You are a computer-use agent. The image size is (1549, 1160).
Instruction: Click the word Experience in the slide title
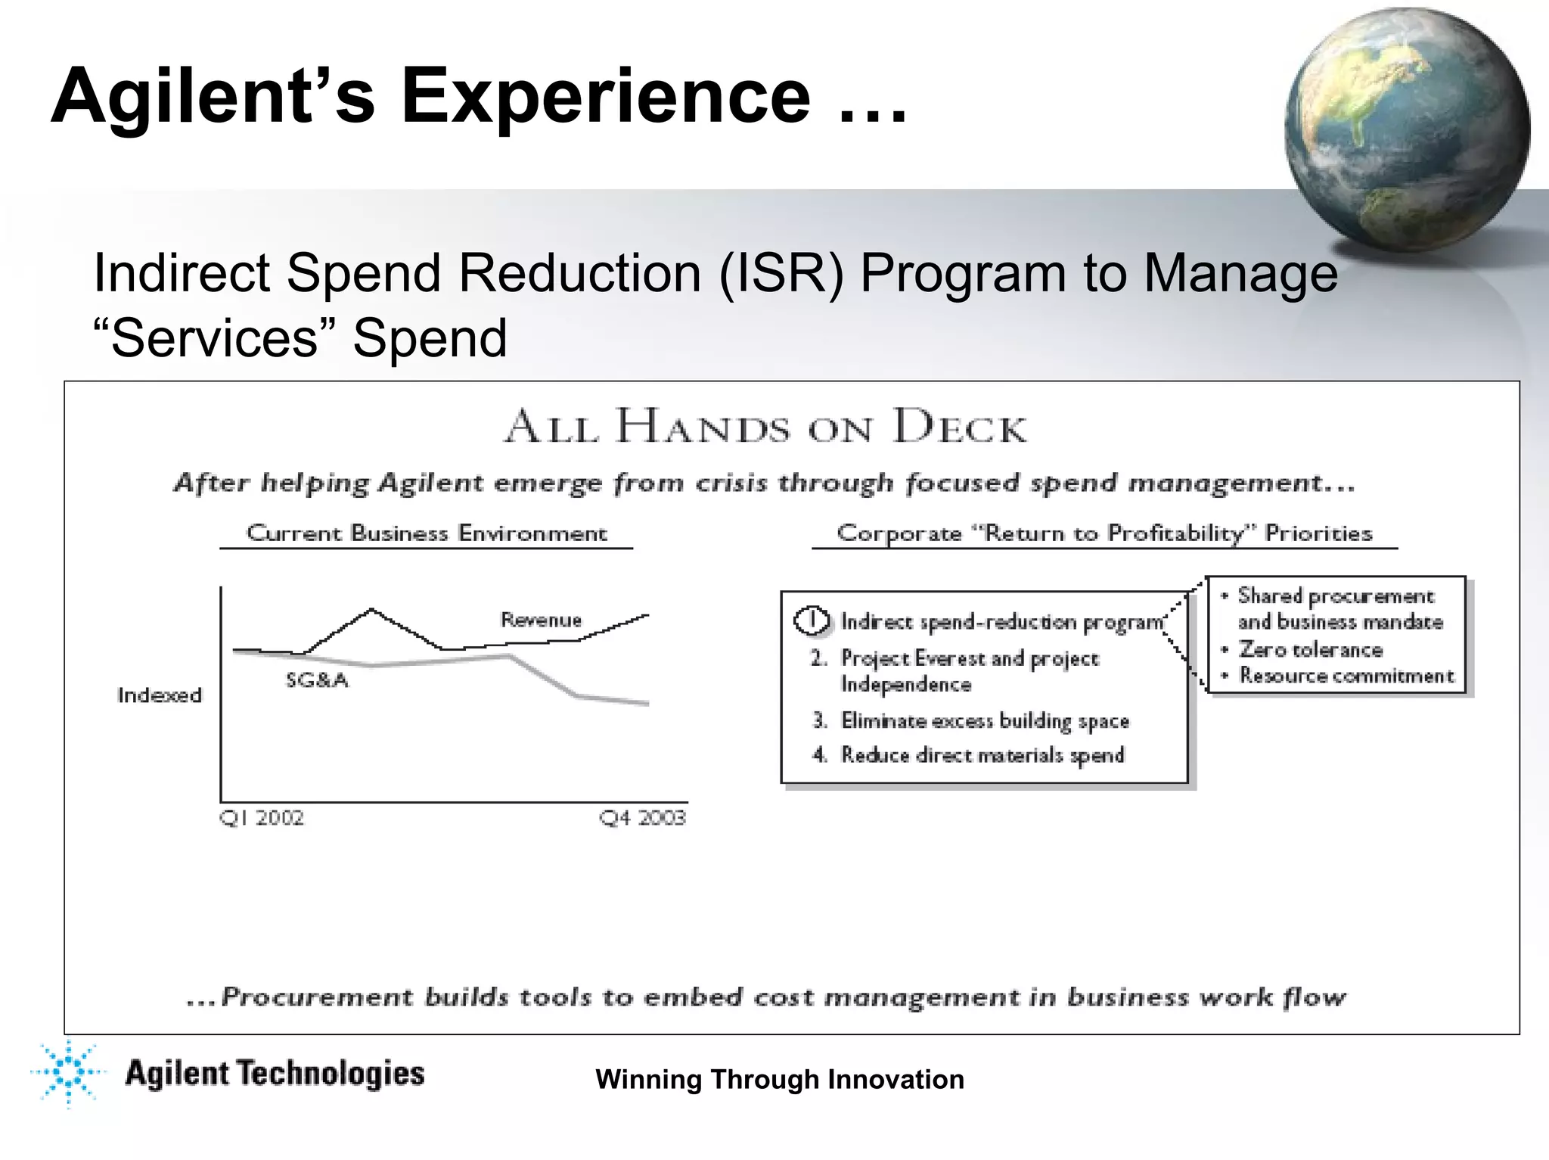click(605, 96)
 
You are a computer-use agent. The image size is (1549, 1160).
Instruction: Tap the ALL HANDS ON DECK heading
click(765, 427)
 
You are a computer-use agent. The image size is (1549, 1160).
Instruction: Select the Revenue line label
click(541, 620)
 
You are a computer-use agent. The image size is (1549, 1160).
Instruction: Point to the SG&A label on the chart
click(317, 680)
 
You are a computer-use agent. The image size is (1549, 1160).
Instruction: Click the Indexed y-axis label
click(160, 695)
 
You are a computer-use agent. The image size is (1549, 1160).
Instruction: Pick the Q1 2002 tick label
click(262, 818)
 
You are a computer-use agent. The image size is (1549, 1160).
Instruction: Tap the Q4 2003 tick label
click(642, 818)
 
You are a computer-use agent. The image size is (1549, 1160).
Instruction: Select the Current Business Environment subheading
click(427, 533)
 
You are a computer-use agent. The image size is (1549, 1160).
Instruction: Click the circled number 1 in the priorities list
click(812, 621)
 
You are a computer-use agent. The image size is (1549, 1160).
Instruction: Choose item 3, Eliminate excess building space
click(984, 720)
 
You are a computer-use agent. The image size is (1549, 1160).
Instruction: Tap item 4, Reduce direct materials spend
click(982, 755)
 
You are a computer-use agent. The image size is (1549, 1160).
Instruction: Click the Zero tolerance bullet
click(1310, 650)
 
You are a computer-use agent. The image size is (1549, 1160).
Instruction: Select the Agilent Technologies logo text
click(275, 1074)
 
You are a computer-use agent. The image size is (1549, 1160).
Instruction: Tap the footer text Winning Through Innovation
click(780, 1079)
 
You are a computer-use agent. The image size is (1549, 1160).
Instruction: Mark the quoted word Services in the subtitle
click(215, 337)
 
